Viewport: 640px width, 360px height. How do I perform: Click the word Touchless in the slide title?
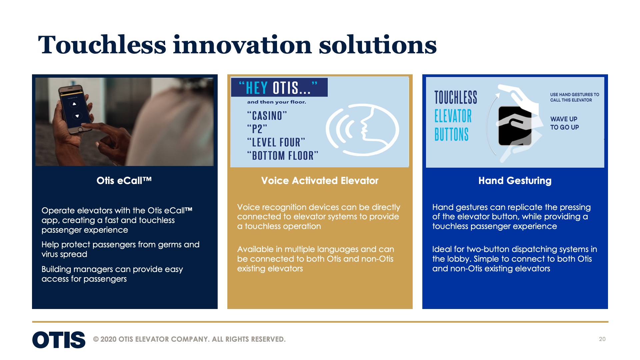[x=102, y=45]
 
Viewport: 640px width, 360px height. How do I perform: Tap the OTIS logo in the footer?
[x=59, y=340]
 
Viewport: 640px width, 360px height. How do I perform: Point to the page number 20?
[x=602, y=339]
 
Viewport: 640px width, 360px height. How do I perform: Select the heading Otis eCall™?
[x=124, y=180]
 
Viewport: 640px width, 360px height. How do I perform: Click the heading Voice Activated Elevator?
[x=320, y=180]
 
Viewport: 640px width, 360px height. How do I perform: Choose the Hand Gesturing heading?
[x=515, y=180]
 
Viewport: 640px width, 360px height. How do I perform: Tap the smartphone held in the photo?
[x=75, y=108]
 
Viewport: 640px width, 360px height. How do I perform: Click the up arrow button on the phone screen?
[x=74, y=104]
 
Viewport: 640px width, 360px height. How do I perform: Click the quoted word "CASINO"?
[x=267, y=116]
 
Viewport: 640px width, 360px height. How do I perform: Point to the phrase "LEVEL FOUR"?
[x=276, y=142]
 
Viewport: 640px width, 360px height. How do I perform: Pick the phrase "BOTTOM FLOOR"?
[x=283, y=156]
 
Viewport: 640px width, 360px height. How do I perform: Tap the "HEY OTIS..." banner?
[x=279, y=88]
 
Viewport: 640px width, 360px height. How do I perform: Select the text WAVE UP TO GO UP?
[x=564, y=123]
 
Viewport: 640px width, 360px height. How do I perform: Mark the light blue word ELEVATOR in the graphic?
[x=453, y=116]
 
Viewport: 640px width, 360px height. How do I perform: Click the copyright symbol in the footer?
[x=96, y=339]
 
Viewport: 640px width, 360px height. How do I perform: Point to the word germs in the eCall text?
[x=170, y=245]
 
